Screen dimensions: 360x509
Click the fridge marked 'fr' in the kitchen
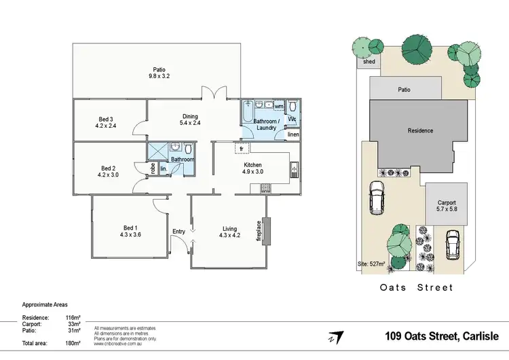tap(240, 148)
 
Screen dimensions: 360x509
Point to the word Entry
tap(178, 232)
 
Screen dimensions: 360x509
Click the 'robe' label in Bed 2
tap(153, 168)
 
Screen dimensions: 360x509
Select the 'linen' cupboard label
tap(293, 135)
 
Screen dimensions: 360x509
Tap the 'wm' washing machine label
tap(278, 107)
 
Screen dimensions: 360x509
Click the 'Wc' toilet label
tap(292, 120)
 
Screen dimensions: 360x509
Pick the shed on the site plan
tap(369, 62)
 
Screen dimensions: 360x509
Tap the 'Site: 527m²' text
tap(372, 264)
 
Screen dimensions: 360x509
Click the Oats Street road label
tap(416, 287)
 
